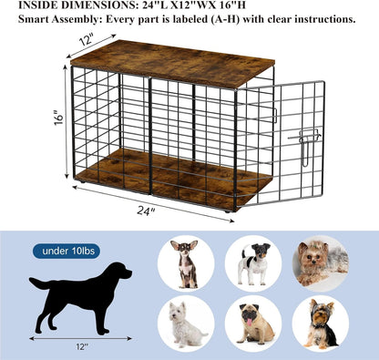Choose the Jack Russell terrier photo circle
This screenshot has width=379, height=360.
pos(252,264)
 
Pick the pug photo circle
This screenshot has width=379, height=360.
pos(252,323)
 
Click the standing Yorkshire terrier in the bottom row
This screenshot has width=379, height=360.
pos(320,323)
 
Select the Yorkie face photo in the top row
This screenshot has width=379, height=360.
pos(320,264)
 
